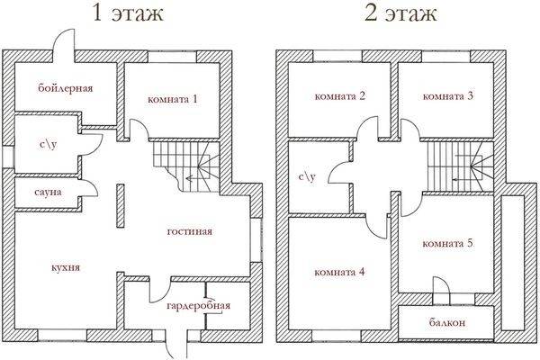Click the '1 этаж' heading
pos(128,13)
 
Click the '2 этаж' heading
pos(400,13)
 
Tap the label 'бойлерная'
pos(66,88)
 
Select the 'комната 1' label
pos(173,100)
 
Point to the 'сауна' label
pos(49,192)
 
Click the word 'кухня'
pos(66,267)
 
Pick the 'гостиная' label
pos(190,231)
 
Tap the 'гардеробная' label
pos(198,306)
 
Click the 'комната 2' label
pos(340,96)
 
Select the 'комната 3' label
pos(448,96)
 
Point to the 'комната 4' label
pos(339,272)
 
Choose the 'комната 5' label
pos(447,244)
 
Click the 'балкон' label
pos(447,322)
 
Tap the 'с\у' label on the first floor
pos(49,144)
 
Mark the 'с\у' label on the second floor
pos(307,176)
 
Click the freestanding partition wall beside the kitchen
pos(121,206)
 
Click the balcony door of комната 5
pos(441,291)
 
